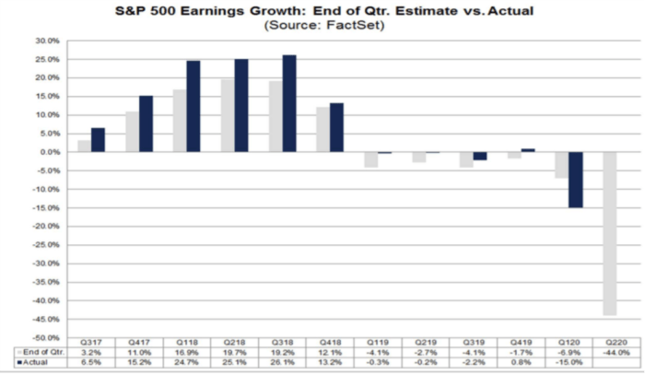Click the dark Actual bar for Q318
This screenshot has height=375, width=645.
click(289, 103)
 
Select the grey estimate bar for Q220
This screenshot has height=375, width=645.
click(609, 233)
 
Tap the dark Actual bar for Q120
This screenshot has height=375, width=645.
click(575, 180)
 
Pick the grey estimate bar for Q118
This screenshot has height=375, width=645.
click(180, 120)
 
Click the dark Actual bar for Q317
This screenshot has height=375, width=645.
click(98, 139)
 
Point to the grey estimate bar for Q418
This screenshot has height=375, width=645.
click(322, 129)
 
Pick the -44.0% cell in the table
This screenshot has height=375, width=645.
click(616, 354)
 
